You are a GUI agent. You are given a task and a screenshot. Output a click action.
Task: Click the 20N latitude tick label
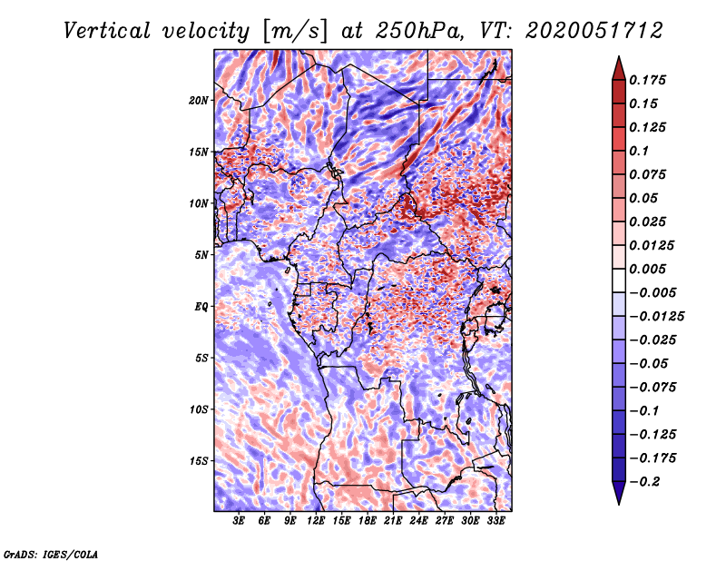[199, 100]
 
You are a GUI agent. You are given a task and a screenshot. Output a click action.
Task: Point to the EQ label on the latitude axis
[201, 306]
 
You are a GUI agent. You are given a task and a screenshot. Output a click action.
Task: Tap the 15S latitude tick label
[199, 460]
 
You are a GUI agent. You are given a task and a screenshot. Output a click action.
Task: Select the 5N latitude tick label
[201, 254]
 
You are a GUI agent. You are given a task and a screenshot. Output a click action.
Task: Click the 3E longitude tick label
[240, 521]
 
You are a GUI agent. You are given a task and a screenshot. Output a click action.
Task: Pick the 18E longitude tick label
[368, 521]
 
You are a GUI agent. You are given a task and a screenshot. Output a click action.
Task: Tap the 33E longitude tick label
[495, 521]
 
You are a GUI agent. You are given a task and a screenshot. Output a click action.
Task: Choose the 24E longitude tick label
[418, 521]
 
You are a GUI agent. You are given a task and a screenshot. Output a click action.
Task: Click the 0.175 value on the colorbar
[649, 80]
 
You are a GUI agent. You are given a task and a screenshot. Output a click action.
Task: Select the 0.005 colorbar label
[649, 269]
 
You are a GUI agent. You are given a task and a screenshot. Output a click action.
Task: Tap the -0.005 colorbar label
[652, 292]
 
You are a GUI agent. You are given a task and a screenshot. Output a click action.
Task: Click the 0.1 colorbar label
[641, 151]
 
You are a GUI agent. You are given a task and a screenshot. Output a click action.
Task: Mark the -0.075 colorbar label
[652, 387]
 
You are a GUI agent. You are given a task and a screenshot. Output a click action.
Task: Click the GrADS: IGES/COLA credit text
[50, 553]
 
